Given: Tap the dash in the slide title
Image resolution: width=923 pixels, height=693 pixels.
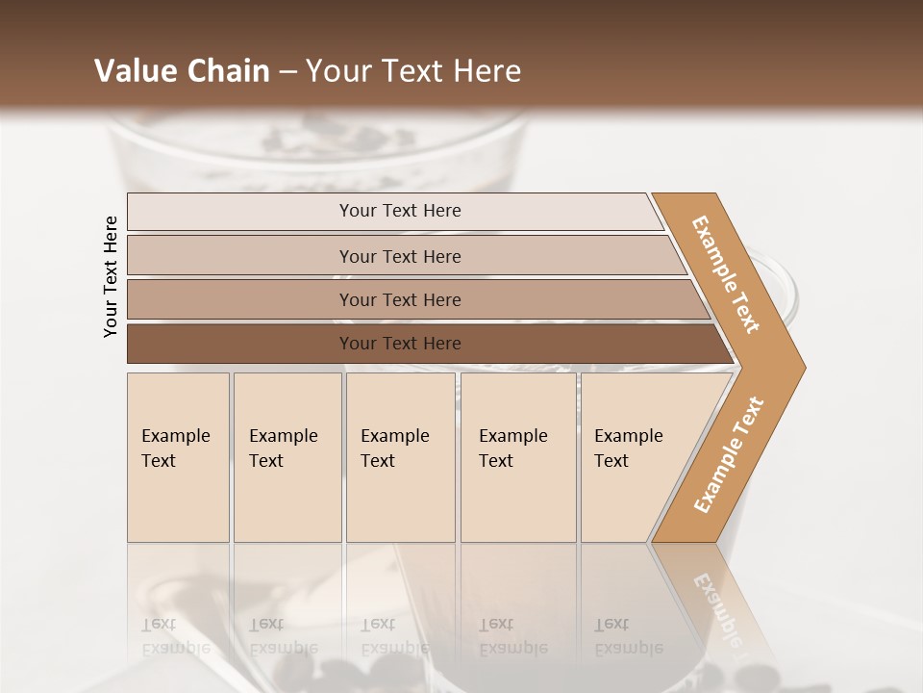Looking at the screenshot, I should [287, 72].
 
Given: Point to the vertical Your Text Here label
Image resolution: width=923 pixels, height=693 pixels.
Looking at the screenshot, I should [111, 277].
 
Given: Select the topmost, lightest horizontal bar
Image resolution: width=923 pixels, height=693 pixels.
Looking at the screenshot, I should [394, 211].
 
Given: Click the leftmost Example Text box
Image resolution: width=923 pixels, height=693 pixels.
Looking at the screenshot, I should [178, 456].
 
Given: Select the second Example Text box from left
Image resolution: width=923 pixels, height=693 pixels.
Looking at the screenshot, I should [287, 456].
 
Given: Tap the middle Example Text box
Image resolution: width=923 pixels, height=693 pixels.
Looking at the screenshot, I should [400, 456].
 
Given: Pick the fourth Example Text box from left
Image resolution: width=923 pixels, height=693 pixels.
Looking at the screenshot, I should [518, 456].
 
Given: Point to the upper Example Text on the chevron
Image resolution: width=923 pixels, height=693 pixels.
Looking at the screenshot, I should [726, 275].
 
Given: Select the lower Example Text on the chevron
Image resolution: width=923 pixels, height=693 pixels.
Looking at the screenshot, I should [728, 454].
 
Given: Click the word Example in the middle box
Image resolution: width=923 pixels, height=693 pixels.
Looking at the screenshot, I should [394, 436].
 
